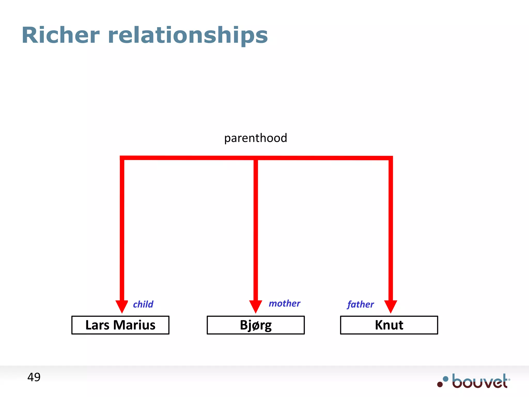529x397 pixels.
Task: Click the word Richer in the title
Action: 61,35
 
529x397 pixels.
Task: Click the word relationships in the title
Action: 188,35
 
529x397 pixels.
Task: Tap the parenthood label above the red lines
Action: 255,138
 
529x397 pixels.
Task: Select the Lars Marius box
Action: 120,325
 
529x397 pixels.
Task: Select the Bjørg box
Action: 256,325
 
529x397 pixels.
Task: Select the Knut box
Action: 389,325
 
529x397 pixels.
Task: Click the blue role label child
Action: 143,304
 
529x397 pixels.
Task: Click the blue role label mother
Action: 284,303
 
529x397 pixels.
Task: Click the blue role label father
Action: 360,304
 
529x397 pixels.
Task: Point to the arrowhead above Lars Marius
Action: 122,306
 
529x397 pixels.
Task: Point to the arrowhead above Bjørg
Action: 256,306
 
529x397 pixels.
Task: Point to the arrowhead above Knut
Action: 391,306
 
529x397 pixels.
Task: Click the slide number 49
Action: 34,377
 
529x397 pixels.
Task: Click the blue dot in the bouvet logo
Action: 446,379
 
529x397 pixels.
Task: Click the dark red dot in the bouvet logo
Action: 440,384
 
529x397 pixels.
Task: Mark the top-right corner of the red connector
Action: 391,158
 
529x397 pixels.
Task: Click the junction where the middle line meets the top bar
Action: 256,158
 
